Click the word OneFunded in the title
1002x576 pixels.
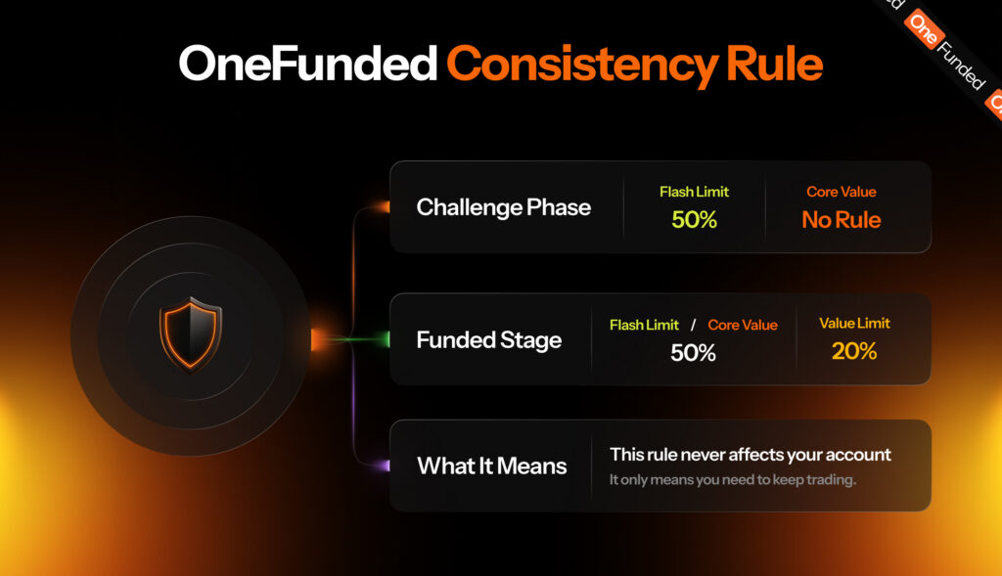pyautogui.click(x=308, y=64)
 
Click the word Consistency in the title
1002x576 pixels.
pyautogui.click(x=581, y=66)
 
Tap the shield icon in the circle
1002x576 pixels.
pyautogui.click(x=191, y=334)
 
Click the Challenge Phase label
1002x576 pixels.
pyautogui.click(x=504, y=207)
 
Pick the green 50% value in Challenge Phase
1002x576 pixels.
pyautogui.click(x=694, y=220)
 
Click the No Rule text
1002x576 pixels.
pyautogui.click(x=841, y=220)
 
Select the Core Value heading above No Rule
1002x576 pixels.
pyautogui.click(x=841, y=192)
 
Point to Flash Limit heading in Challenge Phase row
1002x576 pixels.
pyautogui.click(x=694, y=192)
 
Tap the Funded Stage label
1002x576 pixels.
pyautogui.click(x=489, y=340)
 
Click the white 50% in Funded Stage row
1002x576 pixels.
pyautogui.click(x=694, y=352)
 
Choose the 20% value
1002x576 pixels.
pyautogui.click(x=854, y=350)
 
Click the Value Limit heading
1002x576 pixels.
pyautogui.click(x=854, y=323)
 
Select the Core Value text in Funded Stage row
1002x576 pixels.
pyautogui.click(x=743, y=325)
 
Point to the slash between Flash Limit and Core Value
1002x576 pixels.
pyautogui.click(x=694, y=325)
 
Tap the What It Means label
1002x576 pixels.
pyautogui.click(x=492, y=466)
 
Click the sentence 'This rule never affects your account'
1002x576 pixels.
pyautogui.click(x=751, y=455)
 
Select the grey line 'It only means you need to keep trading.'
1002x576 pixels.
pyautogui.click(x=732, y=479)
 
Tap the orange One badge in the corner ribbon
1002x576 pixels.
pyautogui.click(x=924, y=29)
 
